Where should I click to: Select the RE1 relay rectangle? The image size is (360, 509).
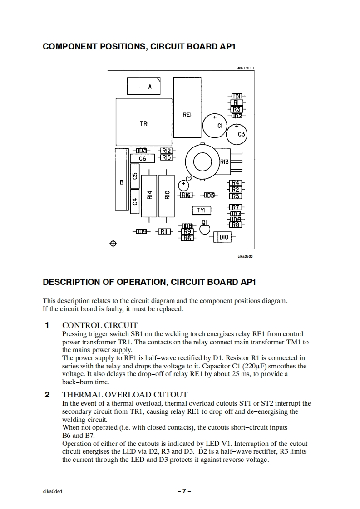point(187,108)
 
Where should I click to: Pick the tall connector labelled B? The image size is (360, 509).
point(121,180)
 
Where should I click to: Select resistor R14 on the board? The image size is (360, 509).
point(149,196)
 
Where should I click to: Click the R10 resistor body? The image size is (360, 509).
point(167,196)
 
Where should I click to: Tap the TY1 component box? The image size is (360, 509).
point(201,210)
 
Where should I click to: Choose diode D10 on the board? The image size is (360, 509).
point(223,237)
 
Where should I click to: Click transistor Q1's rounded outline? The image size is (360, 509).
point(204,230)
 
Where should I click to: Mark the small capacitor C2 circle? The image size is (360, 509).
point(184,185)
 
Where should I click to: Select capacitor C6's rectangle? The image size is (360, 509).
point(143,158)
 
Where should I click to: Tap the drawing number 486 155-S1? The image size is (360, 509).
point(245,67)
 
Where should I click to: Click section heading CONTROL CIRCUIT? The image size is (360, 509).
point(99,325)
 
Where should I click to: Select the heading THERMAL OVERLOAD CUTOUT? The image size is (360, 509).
point(124,395)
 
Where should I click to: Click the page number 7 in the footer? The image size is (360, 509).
point(184,491)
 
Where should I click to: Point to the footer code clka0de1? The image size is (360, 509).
point(52,491)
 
